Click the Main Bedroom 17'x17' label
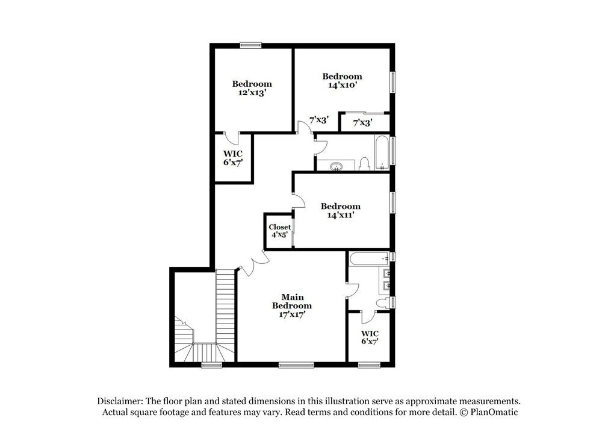(292, 305)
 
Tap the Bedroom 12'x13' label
(252, 89)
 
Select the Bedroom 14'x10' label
(342, 80)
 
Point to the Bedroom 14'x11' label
(340, 210)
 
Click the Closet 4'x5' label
(279, 231)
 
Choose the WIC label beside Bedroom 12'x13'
(232, 157)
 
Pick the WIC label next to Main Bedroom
(370, 337)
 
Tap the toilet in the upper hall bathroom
(364, 164)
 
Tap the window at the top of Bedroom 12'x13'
(250, 45)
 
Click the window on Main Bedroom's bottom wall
(296, 364)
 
